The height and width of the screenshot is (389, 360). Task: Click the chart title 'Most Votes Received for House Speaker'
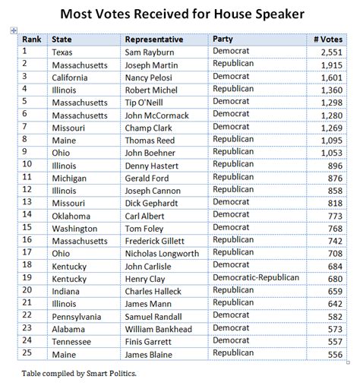coord(180,13)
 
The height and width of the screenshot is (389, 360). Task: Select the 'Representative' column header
coord(154,38)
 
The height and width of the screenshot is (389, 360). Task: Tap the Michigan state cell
coord(71,177)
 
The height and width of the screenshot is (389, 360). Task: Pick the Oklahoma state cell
coord(73,215)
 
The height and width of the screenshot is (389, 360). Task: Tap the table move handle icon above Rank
coord(14,30)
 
